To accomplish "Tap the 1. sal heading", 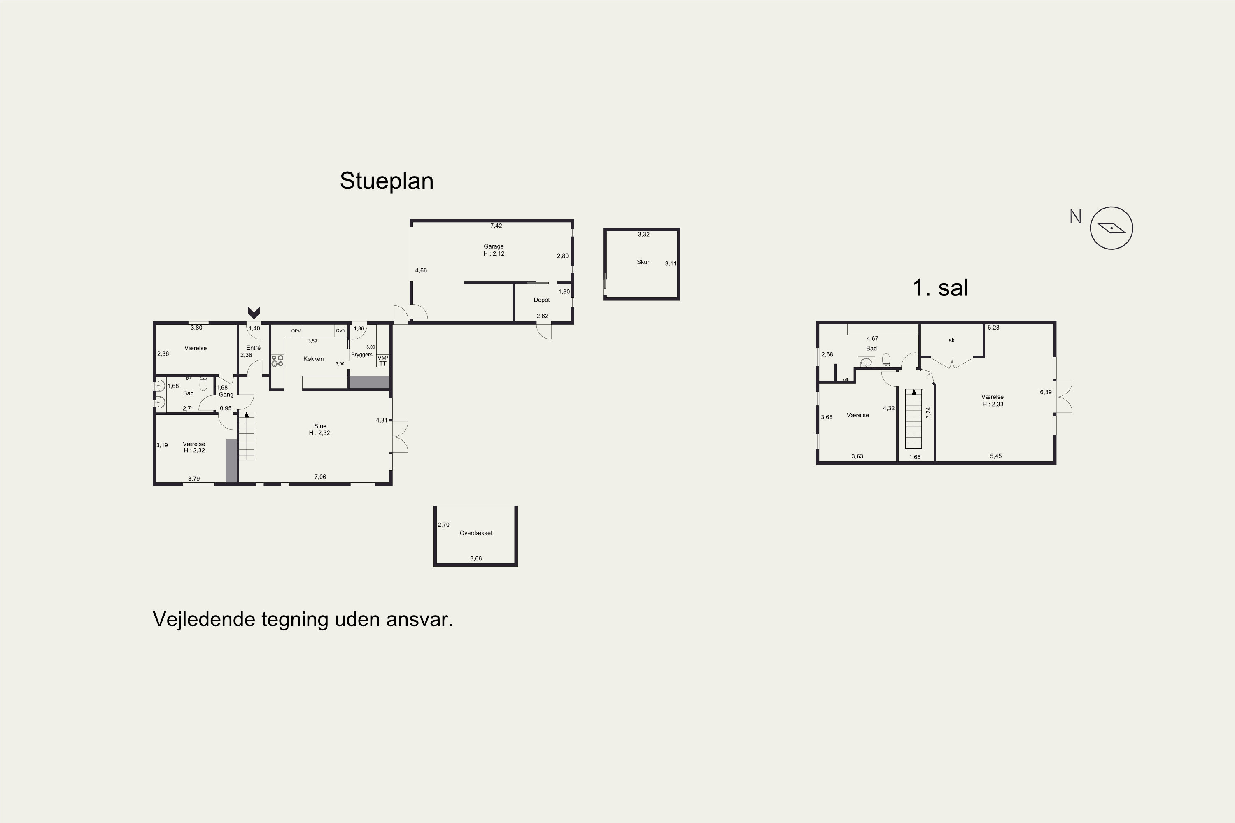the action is click(940, 288).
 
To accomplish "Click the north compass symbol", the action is click(1111, 228).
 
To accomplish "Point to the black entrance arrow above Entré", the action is click(254, 313).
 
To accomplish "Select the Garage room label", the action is click(494, 246).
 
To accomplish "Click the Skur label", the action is click(643, 262).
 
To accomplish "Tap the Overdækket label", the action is click(476, 533).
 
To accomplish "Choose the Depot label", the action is click(541, 300).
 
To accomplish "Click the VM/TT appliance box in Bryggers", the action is click(383, 360).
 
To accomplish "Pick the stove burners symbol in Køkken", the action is click(277, 360).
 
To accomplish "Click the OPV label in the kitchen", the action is click(296, 331).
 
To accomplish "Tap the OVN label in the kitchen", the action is click(341, 331).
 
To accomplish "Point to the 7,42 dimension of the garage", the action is click(496, 226).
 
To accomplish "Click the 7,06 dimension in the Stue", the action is click(320, 477).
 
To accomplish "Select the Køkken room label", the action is click(313, 358).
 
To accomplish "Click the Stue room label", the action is click(320, 426).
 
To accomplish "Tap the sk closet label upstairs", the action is click(951, 341).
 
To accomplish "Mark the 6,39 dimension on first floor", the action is click(1046, 392).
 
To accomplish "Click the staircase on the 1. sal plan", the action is click(914, 419).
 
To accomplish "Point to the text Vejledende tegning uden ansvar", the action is click(303, 620).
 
